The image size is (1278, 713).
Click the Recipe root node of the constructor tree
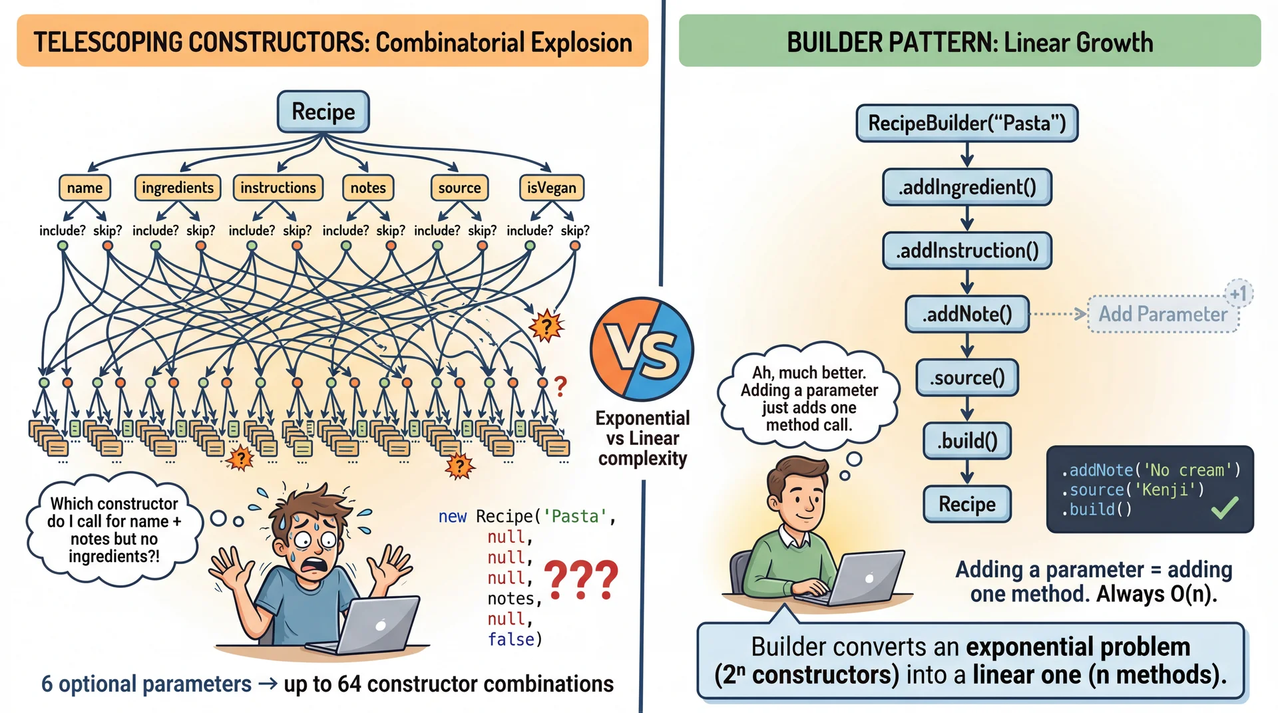click(x=323, y=112)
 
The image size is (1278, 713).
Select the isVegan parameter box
click(x=551, y=188)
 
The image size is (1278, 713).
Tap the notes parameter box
click(x=368, y=188)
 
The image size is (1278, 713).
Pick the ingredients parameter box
click(x=178, y=188)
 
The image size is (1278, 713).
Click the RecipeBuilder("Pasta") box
click(x=966, y=123)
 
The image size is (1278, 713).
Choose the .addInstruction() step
click(x=966, y=251)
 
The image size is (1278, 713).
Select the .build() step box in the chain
click(x=967, y=441)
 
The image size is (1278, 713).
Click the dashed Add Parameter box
click(x=1163, y=314)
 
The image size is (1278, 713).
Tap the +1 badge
click(x=1238, y=293)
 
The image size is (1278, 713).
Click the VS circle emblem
click(x=642, y=349)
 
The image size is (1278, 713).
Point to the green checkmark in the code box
click(x=1225, y=508)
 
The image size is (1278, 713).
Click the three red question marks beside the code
click(x=581, y=579)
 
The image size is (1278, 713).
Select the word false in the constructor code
click(x=511, y=639)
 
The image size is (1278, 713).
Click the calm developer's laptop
click(x=859, y=577)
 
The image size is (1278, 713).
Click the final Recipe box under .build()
click(x=967, y=504)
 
